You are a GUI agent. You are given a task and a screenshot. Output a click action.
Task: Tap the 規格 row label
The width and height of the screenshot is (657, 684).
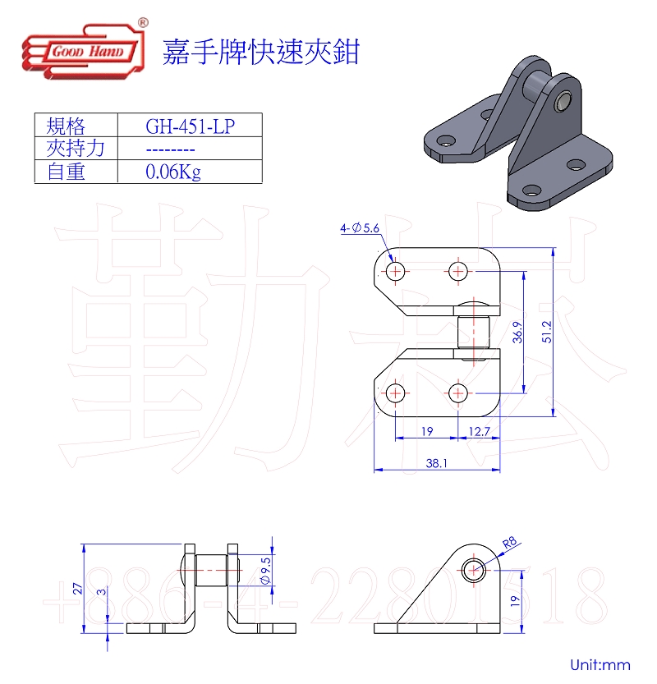click(x=67, y=126)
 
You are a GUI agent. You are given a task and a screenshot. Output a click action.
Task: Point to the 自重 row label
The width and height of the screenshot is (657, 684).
click(x=67, y=172)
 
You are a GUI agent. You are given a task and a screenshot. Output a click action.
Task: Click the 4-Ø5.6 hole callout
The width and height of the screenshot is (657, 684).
click(x=359, y=229)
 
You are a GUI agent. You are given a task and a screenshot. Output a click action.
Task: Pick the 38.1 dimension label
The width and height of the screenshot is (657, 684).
click(x=437, y=463)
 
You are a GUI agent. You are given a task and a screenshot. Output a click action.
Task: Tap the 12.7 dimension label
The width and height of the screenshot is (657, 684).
click(x=480, y=430)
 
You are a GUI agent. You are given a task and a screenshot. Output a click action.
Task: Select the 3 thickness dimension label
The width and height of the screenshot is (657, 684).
click(x=100, y=591)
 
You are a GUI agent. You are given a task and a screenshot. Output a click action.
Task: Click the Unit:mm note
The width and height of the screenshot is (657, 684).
click(x=600, y=664)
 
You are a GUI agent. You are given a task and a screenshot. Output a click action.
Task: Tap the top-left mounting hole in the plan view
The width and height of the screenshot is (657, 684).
click(x=396, y=271)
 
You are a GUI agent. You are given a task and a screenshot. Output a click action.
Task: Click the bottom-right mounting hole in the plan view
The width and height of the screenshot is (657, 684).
click(x=458, y=392)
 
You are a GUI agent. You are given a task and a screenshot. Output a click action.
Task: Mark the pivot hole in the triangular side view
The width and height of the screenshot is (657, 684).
click(x=472, y=570)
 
